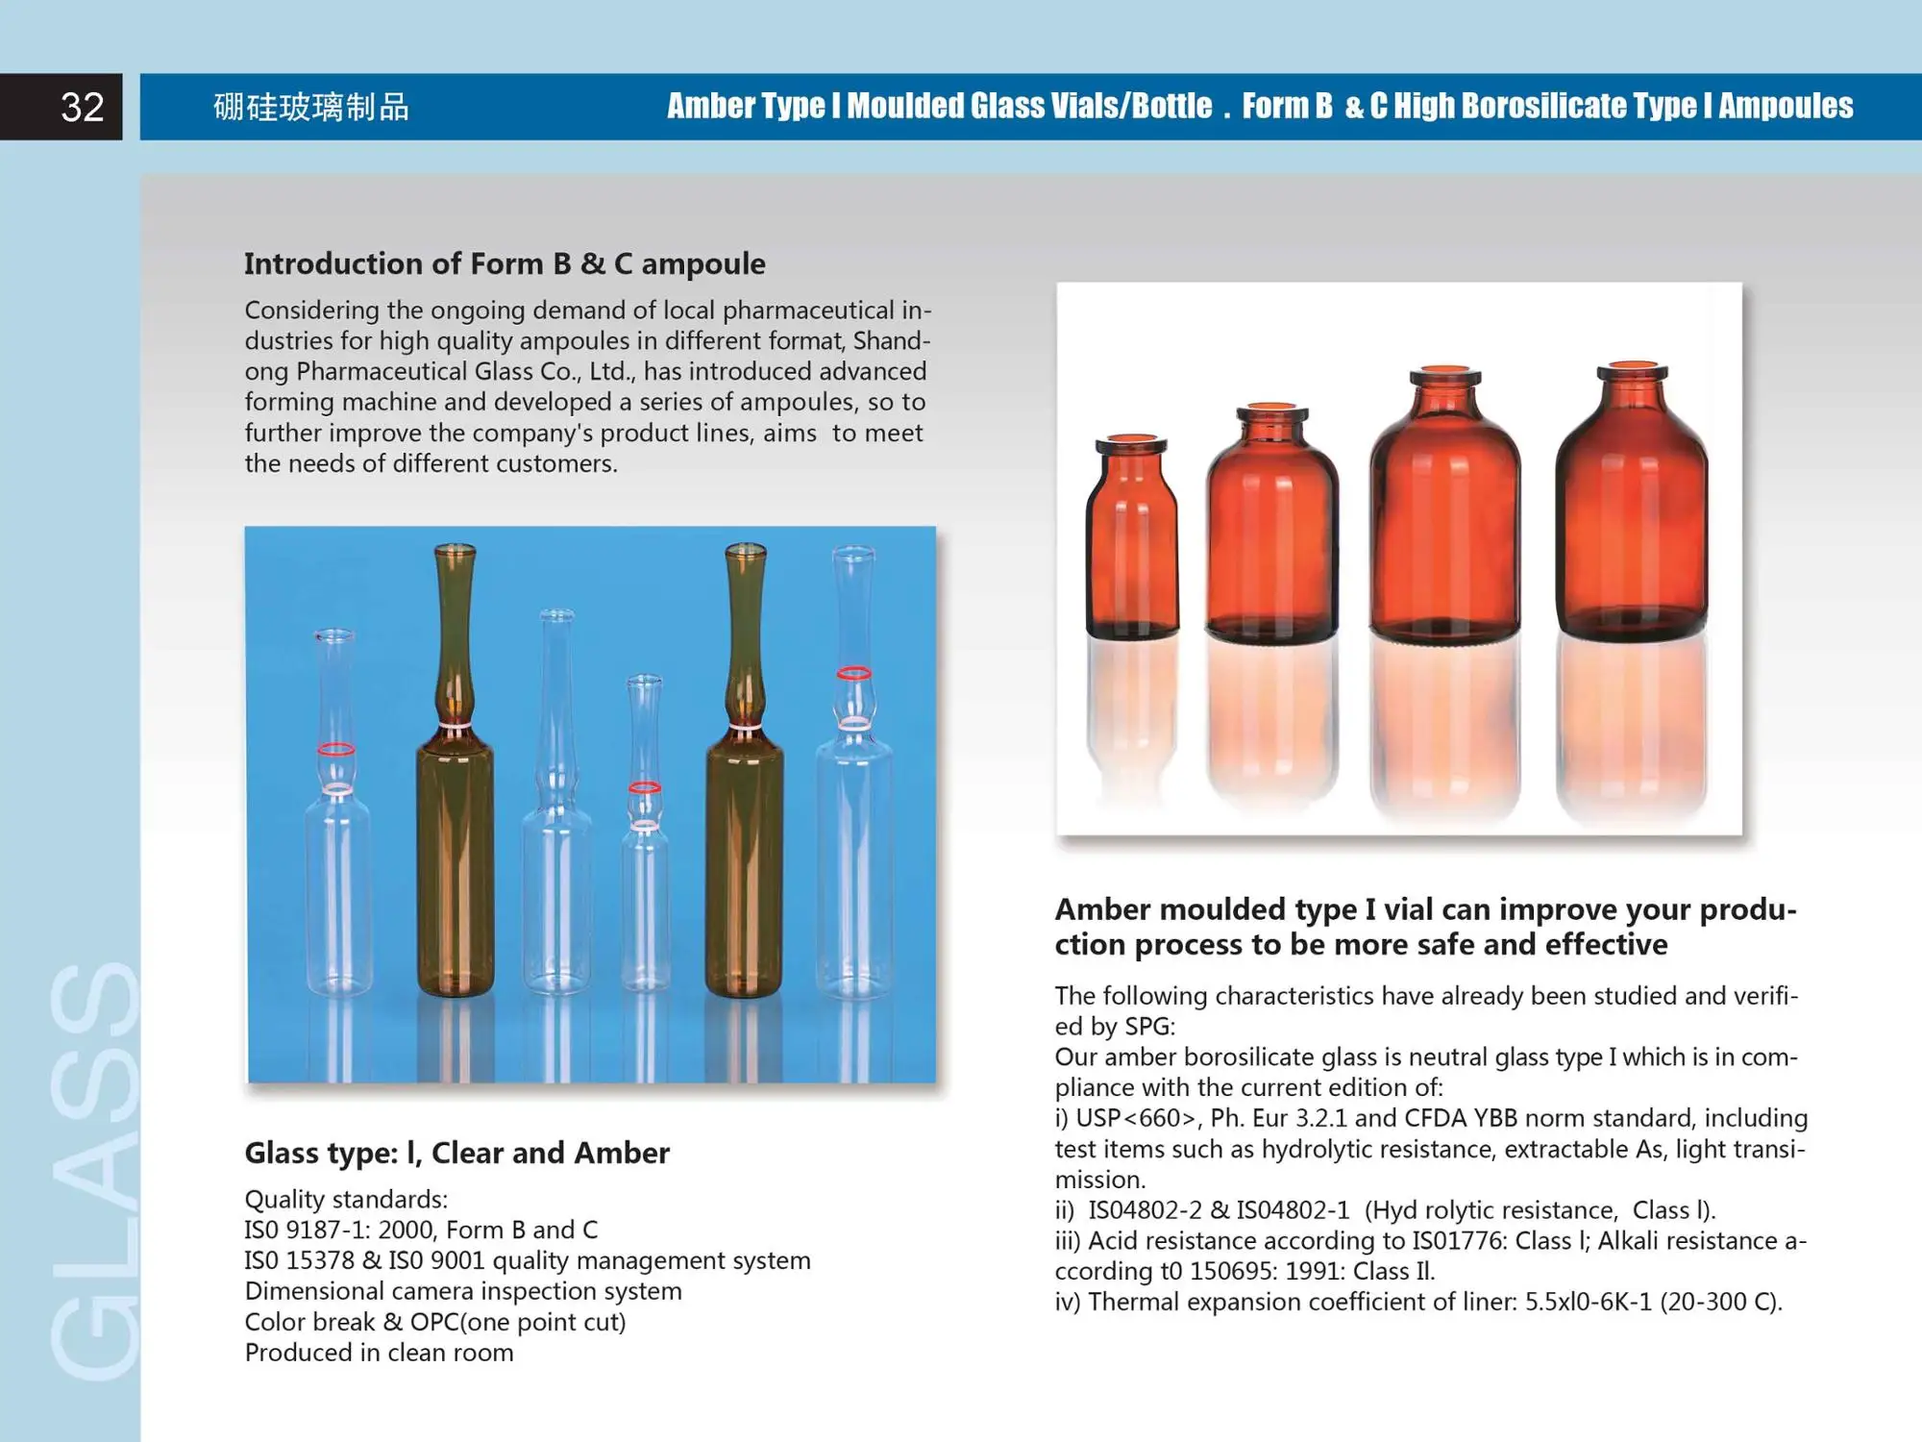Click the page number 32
pyautogui.click(x=82, y=107)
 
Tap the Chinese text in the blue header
pyautogui.click(x=311, y=107)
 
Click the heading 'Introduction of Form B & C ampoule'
pyautogui.click(x=505, y=263)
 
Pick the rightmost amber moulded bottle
pyautogui.click(x=1631, y=505)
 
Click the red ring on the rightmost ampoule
pyautogui.click(x=853, y=674)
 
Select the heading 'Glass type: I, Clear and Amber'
pyautogui.click(x=456, y=1153)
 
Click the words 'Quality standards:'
pyautogui.click(x=346, y=1200)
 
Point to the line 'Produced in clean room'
pyautogui.click(x=379, y=1353)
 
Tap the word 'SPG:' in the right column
pyautogui.click(x=1149, y=1027)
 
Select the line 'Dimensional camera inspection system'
pyautogui.click(x=463, y=1291)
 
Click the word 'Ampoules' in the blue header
pyautogui.click(x=1786, y=106)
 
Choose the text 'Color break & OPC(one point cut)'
pyautogui.click(x=435, y=1322)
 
